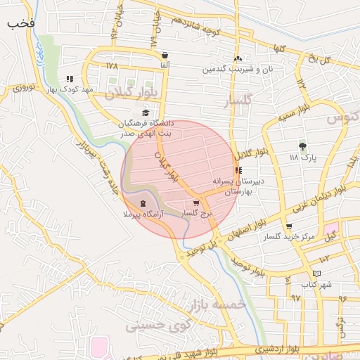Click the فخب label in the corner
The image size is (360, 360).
click(21, 22)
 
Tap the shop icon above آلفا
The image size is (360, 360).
click(165, 55)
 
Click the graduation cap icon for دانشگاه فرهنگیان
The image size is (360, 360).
click(146, 112)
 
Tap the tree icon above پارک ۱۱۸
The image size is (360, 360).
click(302, 147)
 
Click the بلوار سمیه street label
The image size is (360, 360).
click(293, 113)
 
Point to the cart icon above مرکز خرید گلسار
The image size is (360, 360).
click(289, 227)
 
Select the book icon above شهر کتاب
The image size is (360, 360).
click(316, 273)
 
